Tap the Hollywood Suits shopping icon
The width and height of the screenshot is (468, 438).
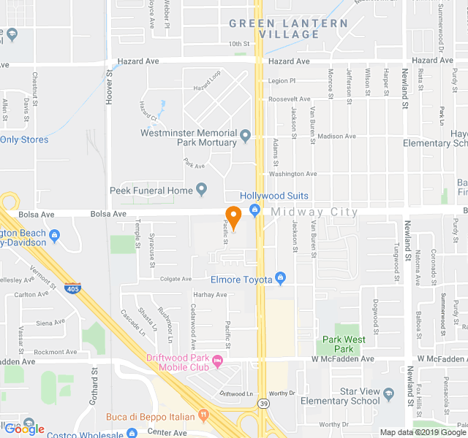[255, 211]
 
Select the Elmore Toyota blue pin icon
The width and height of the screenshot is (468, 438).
[280, 278]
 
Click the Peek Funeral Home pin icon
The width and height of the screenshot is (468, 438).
[203, 191]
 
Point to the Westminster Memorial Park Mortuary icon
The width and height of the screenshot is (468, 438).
[246, 135]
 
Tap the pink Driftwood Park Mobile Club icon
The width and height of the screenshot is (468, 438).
[217, 360]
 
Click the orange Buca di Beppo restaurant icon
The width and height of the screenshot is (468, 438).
[204, 417]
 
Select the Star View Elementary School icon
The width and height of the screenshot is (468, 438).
[388, 393]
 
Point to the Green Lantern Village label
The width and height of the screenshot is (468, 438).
[288, 28]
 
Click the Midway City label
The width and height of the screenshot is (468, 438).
[314, 212]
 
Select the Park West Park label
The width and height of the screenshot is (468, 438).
[344, 344]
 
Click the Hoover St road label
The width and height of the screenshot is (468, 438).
[109, 87]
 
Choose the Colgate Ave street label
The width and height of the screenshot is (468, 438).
[175, 279]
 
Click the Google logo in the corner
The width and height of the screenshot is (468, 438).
[24, 429]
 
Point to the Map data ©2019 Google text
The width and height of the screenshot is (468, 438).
[423, 432]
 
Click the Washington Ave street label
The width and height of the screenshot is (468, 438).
[292, 174]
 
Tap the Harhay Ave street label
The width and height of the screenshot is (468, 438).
[210, 294]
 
